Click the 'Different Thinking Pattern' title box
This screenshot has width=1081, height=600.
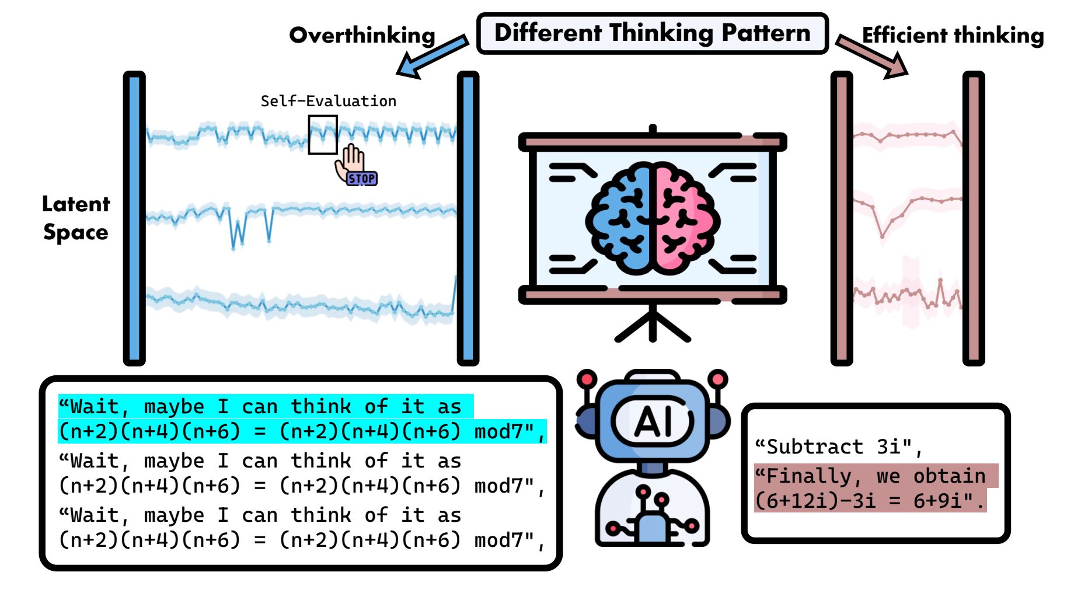click(x=653, y=34)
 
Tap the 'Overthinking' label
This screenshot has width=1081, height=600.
click(x=362, y=36)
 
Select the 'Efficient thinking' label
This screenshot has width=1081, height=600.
click(x=953, y=36)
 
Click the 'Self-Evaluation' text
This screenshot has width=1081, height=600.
click(x=329, y=101)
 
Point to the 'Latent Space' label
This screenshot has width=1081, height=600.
click(x=76, y=218)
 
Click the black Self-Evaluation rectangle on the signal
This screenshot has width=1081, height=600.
click(x=323, y=135)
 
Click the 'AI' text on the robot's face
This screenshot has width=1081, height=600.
click(x=653, y=421)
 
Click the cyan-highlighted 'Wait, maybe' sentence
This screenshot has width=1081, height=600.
click(x=302, y=419)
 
